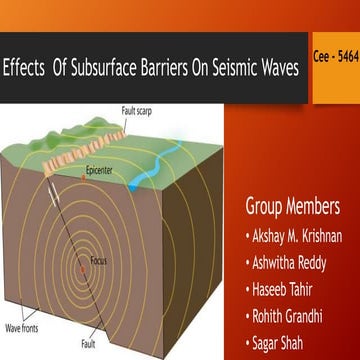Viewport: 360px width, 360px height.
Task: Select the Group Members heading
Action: click(292, 207)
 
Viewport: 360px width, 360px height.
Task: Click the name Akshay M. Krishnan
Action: click(298, 238)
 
